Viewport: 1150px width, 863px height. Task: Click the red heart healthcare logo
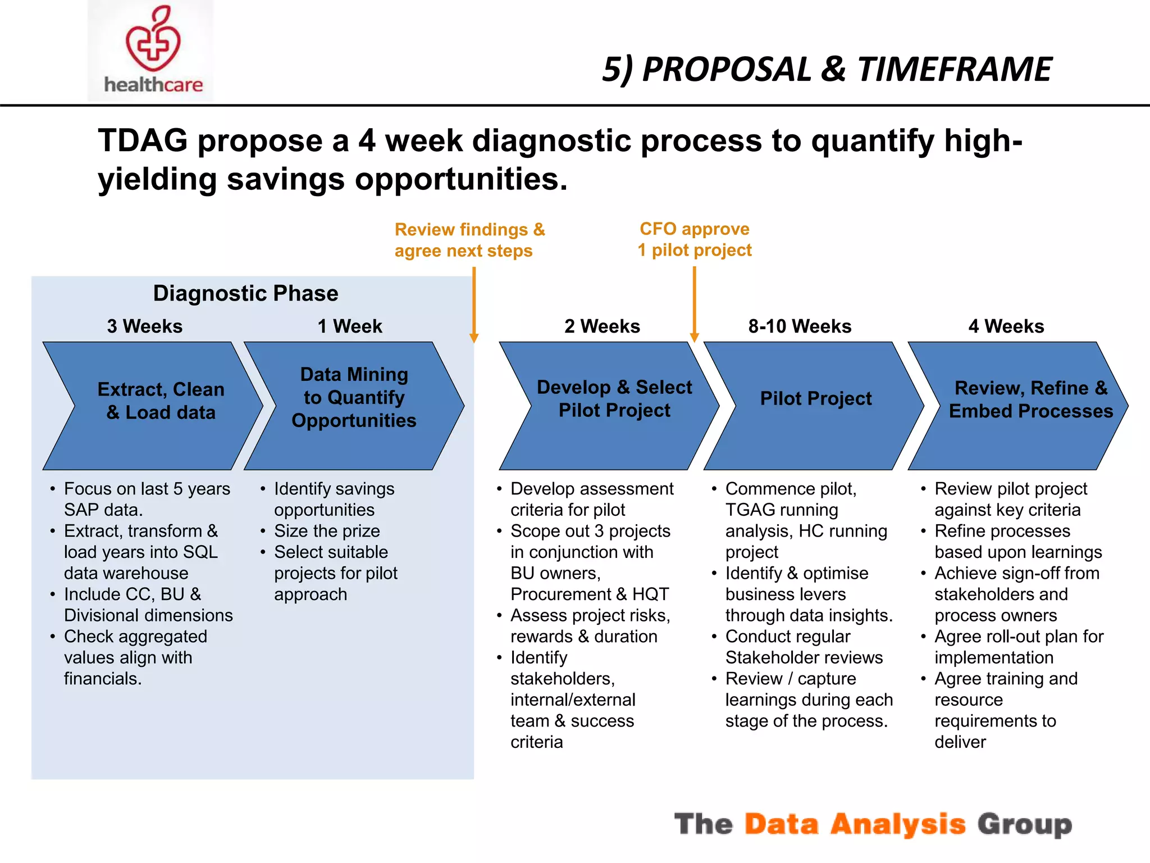coord(153,45)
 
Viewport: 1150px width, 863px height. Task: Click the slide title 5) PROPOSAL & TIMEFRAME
coord(827,70)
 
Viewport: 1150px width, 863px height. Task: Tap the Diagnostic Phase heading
coord(245,293)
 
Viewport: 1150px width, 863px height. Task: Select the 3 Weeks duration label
coord(145,326)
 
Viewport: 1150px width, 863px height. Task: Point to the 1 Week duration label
coord(349,326)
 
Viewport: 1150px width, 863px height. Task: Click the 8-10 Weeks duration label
coord(800,326)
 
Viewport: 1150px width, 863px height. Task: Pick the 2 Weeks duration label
coord(602,326)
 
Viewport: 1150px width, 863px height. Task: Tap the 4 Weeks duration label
coord(1006,326)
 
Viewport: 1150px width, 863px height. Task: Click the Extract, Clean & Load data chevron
coord(161,401)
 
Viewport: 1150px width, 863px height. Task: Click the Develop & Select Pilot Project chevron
coord(614,399)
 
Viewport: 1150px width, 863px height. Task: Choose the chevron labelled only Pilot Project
coord(815,399)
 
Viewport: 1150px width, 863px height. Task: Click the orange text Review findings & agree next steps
coord(469,240)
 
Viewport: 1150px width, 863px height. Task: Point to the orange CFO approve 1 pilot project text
coord(695,239)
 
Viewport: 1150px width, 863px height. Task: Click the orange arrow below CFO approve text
coord(694,303)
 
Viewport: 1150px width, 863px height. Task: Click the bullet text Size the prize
coord(327,531)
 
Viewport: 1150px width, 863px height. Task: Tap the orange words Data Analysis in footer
coord(855,824)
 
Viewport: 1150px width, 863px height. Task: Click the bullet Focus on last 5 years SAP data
coord(146,499)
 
